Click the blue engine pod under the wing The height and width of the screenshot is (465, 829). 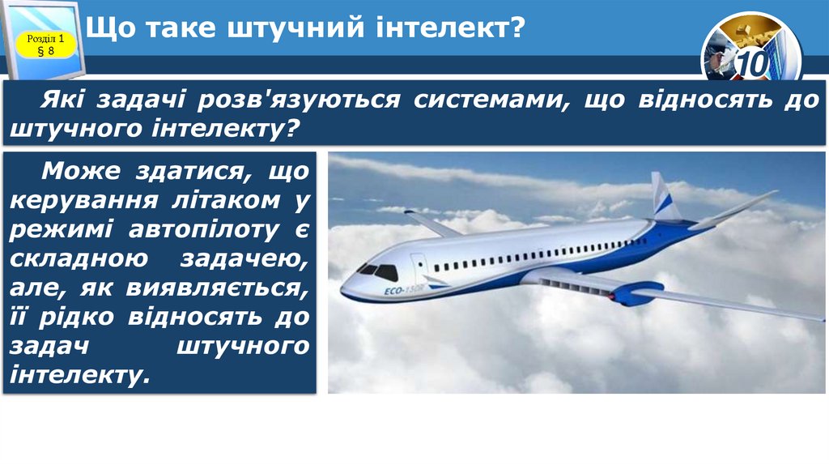point(637,292)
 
